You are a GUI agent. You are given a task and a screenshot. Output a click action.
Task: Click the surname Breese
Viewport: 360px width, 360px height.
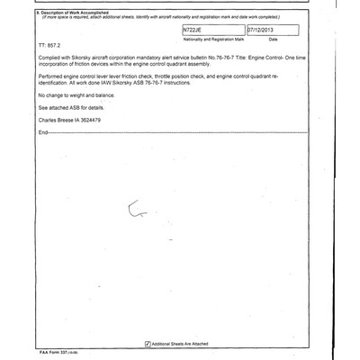[73, 145]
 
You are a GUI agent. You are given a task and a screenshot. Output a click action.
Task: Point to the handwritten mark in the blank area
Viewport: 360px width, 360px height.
[137, 211]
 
